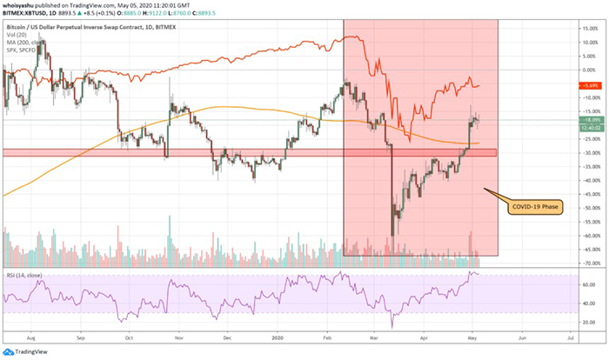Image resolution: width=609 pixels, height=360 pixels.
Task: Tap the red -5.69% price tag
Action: [590, 85]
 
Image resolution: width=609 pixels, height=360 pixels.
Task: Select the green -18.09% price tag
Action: [590, 121]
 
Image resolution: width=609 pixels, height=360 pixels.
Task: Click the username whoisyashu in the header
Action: [23, 3]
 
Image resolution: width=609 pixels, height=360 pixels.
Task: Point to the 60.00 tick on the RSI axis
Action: [590, 284]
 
